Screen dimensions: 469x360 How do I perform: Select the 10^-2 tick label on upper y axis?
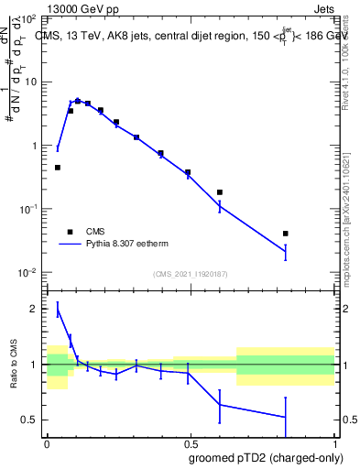[x=27, y=273]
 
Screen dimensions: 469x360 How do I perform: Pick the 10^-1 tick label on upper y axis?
[x=27, y=209]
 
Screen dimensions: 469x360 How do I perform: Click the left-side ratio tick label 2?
[x=35, y=310]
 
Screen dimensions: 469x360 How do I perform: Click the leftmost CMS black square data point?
[x=58, y=168]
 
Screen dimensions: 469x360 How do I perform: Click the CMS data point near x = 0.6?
[x=220, y=192]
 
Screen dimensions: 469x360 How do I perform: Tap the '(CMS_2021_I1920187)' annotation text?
[x=190, y=274]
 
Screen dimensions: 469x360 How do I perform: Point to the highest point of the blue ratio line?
[x=58, y=311]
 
